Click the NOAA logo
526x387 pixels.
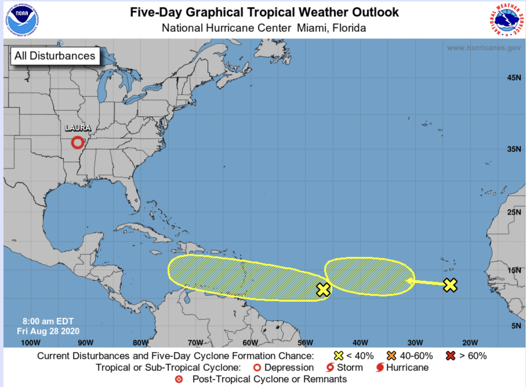(x=22, y=20)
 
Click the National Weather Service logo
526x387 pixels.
(x=507, y=20)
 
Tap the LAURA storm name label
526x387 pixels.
(x=78, y=128)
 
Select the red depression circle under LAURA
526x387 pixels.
(x=77, y=143)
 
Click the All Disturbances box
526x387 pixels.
(x=55, y=56)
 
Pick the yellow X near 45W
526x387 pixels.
(x=323, y=289)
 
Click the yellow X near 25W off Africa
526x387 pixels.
(x=450, y=285)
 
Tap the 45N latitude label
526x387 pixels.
(x=514, y=78)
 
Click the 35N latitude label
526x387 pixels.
(x=514, y=149)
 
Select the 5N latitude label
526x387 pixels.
(x=516, y=326)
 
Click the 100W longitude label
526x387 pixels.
(x=30, y=343)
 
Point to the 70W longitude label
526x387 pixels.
(x=195, y=343)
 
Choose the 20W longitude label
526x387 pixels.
(x=470, y=343)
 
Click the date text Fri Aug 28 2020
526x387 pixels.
(x=48, y=331)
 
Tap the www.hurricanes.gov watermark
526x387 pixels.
(x=484, y=48)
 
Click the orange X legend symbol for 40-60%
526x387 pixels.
(x=391, y=356)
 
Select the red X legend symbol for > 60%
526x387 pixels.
(x=450, y=356)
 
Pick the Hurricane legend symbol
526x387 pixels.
(x=380, y=368)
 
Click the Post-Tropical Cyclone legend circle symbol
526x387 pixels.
(x=179, y=379)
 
